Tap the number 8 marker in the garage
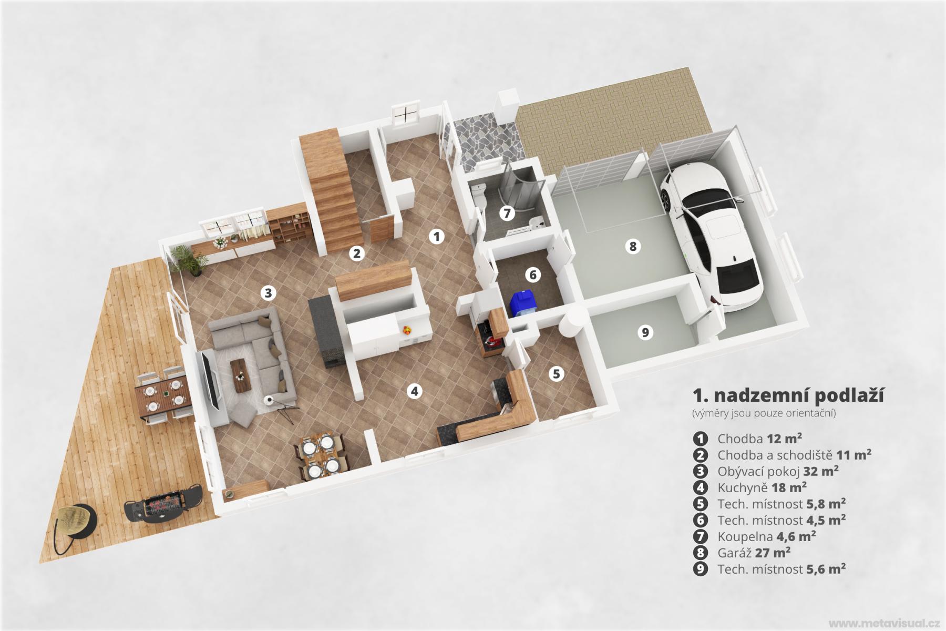(x=633, y=246)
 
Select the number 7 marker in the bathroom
(x=507, y=213)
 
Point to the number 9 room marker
(x=645, y=332)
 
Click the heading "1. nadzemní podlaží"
(x=788, y=396)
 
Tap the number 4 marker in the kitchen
(x=415, y=391)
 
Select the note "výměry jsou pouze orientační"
(x=764, y=413)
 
